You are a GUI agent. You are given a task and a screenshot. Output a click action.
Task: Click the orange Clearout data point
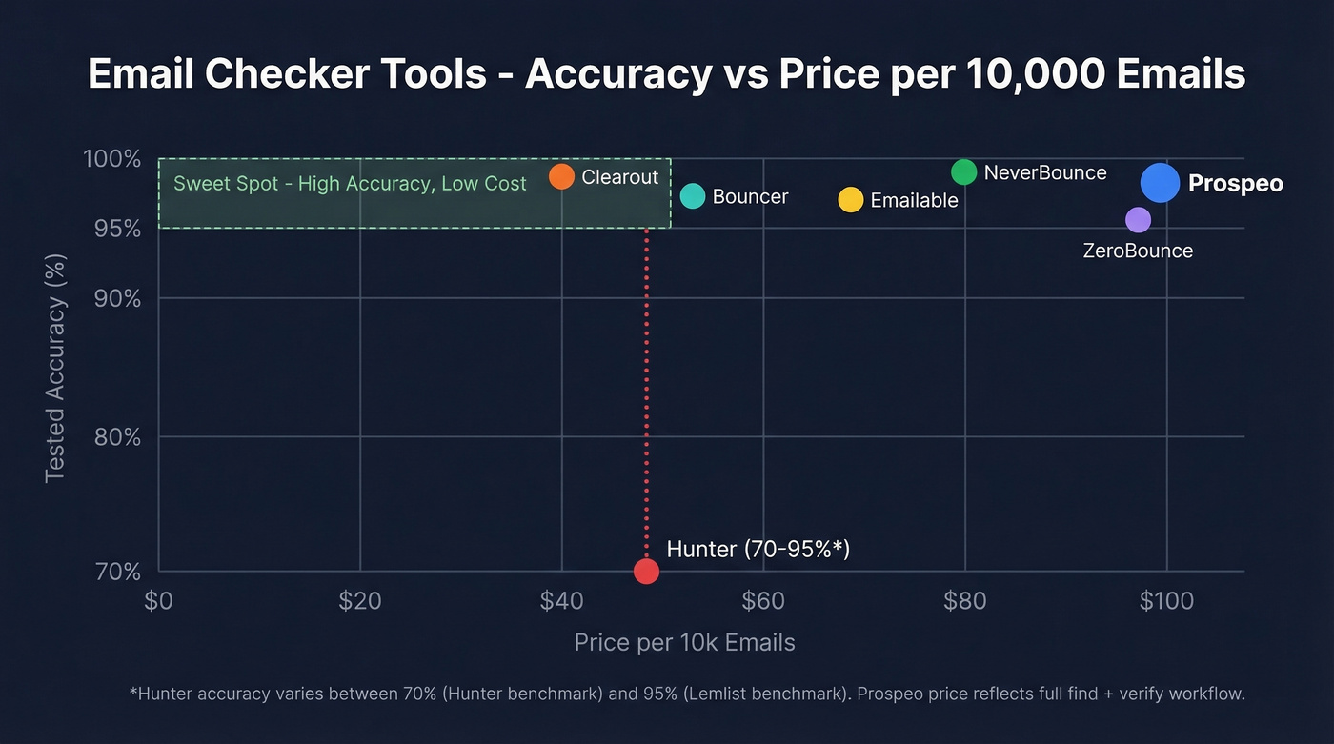point(561,176)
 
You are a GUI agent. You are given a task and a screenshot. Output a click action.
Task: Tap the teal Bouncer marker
point(693,196)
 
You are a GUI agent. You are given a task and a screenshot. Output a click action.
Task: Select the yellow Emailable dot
point(850,200)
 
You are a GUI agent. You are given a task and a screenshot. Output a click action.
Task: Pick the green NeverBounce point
point(964,172)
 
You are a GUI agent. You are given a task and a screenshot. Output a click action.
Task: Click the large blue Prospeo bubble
point(1160,183)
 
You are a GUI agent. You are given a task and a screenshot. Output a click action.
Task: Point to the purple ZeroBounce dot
point(1138,220)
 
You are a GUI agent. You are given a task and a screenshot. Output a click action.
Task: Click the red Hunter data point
point(646,572)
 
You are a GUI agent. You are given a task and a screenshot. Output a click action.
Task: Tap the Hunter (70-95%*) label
point(758,549)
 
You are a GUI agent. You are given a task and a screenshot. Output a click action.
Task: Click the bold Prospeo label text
point(1236,183)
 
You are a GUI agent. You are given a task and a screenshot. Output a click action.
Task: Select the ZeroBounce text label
point(1138,251)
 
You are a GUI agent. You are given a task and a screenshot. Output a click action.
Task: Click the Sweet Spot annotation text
point(350,183)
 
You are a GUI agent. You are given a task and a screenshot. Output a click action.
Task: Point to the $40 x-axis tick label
point(561,601)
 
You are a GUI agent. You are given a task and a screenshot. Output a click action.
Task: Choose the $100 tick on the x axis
point(1166,601)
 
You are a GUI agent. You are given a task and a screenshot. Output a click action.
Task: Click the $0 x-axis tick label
point(158,601)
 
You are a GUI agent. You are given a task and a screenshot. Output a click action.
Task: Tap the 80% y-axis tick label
point(119,437)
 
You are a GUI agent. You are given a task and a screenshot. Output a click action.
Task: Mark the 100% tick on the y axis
point(112,158)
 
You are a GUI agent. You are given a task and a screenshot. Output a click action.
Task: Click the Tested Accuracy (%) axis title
point(55,368)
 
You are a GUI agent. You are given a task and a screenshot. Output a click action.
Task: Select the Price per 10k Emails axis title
point(684,642)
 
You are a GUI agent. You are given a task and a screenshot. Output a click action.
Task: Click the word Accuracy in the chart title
point(616,73)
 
